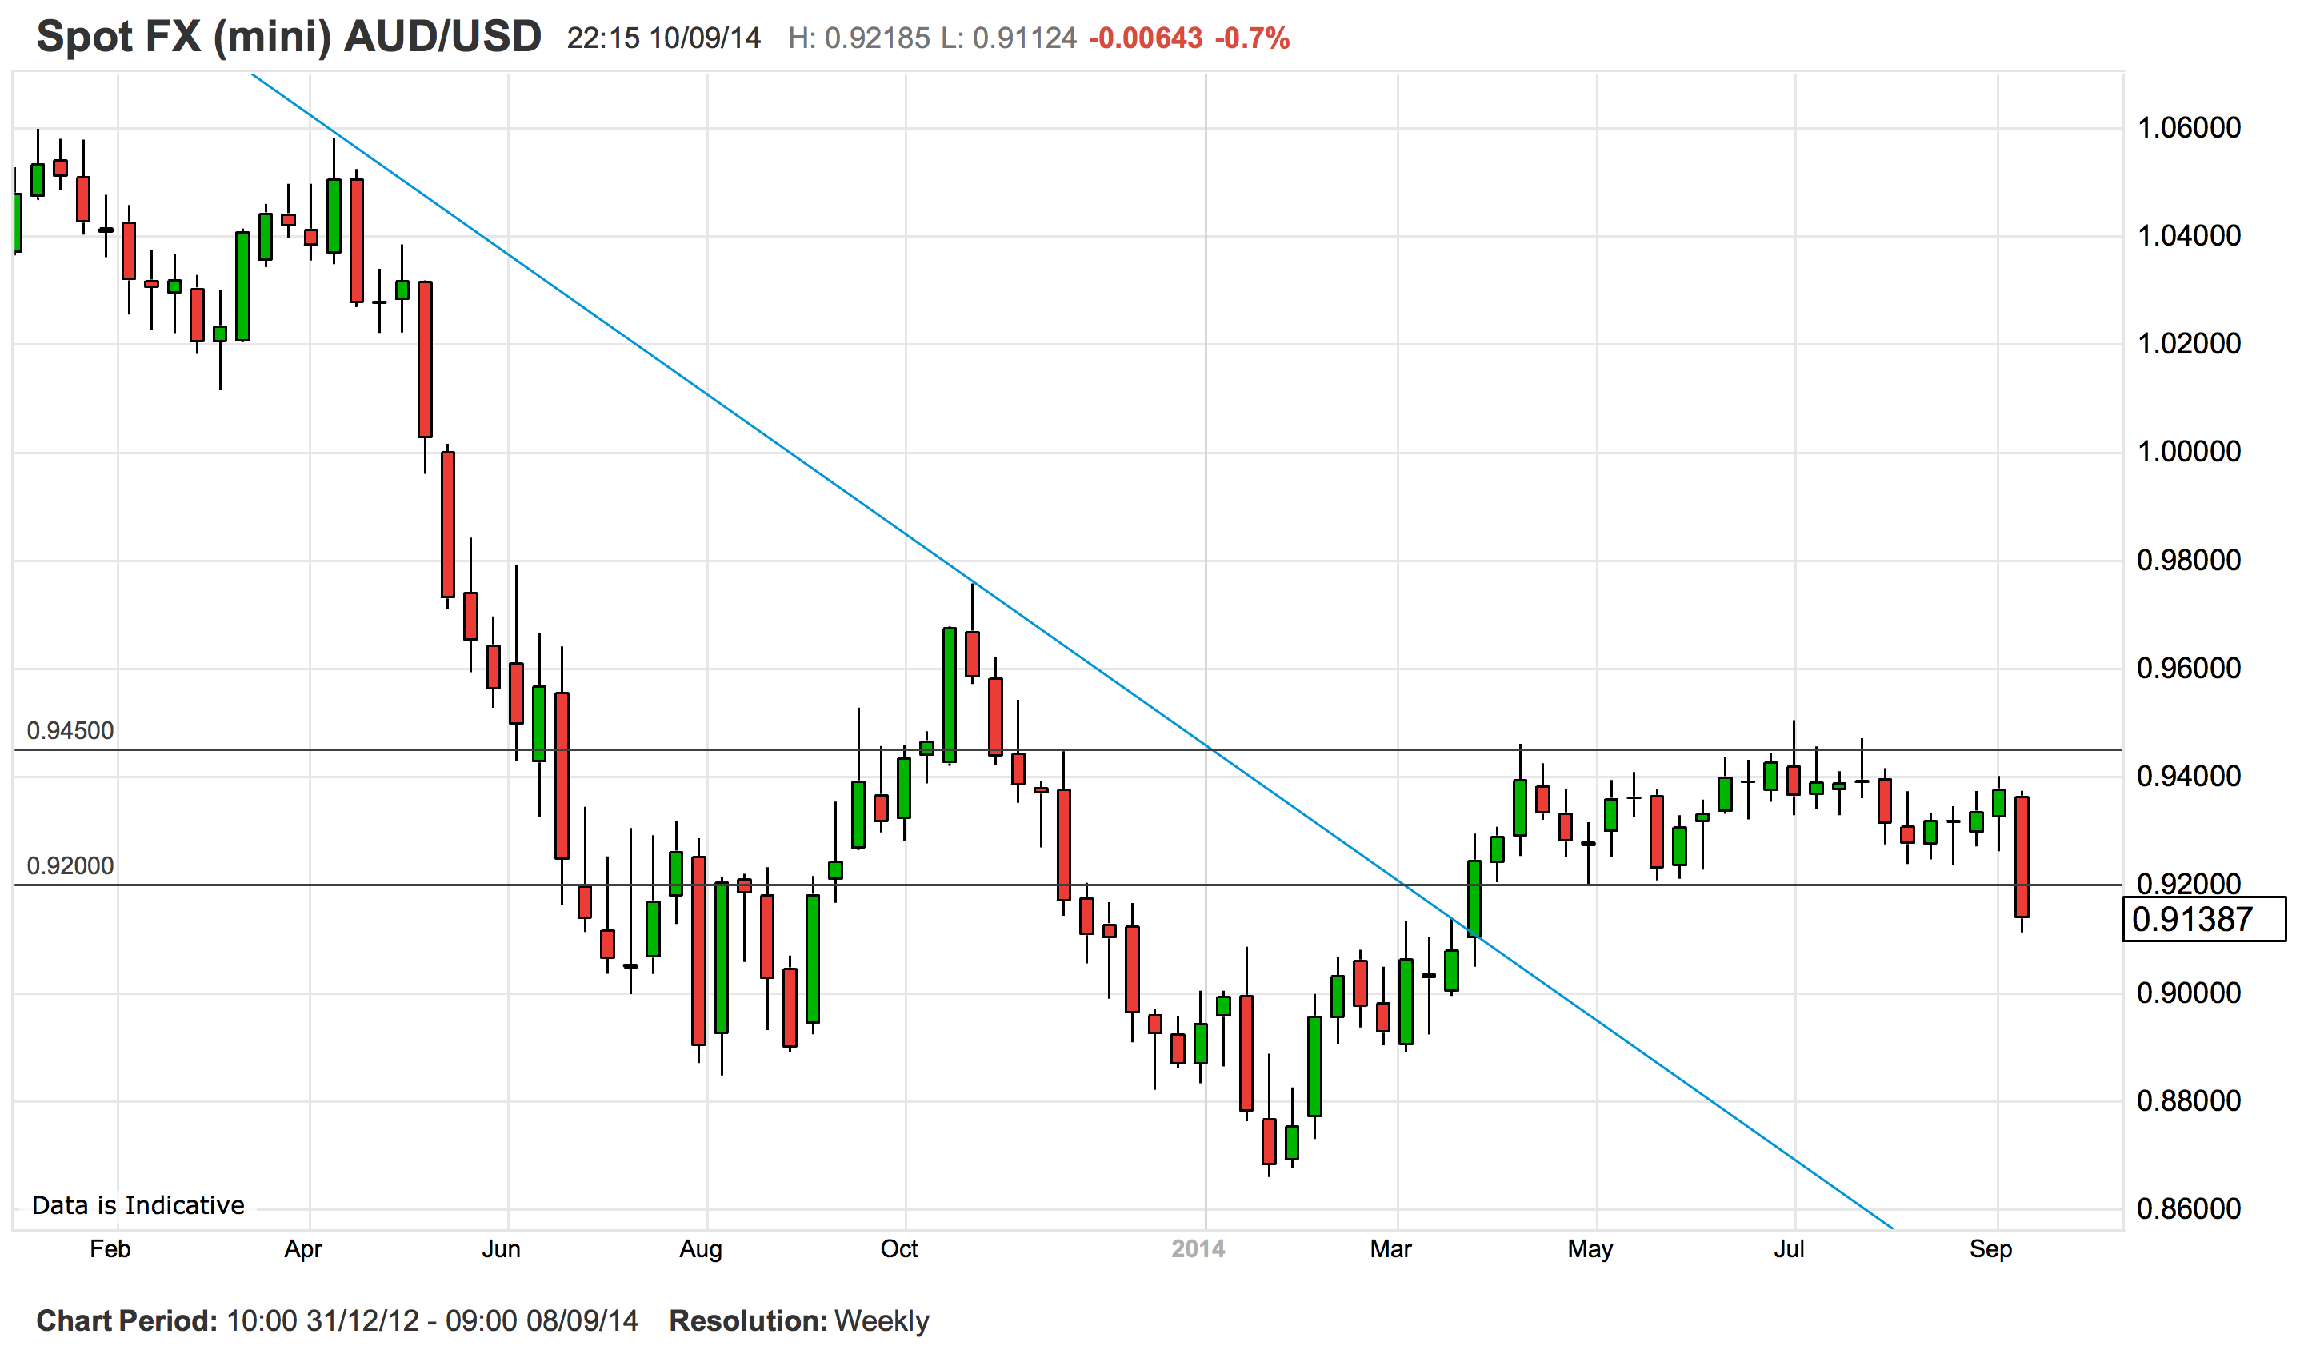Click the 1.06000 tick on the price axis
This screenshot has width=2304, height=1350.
pyautogui.click(x=2188, y=128)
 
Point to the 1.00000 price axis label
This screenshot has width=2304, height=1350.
pyautogui.click(x=2188, y=452)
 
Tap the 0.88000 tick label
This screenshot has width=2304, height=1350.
pyautogui.click(x=2188, y=1100)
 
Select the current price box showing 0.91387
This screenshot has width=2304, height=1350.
pyautogui.click(x=2202, y=920)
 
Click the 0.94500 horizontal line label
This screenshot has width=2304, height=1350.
pyautogui.click(x=70, y=731)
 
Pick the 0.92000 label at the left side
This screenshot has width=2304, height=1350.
pyautogui.click(x=70, y=865)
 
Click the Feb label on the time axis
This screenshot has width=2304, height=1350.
pyautogui.click(x=110, y=1249)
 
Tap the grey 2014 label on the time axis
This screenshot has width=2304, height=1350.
pyautogui.click(x=1198, y=1249)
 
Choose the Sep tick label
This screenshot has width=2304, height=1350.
pyautogui.click(x=1990, y=1249)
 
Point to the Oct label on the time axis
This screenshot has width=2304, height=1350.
pyautogui.click(x=898, y=1249)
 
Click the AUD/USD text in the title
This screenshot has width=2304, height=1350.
pyautogui.click(x=442, y=38)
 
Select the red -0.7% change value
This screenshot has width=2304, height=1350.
pyautogui.click(x=1252, y=38)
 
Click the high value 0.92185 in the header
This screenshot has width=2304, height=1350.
pyautogui.click(x=877, y=38)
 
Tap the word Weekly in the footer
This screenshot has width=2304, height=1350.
pyautogui.click(x=882, y=1320)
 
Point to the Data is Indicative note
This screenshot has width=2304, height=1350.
pyautogui.click(x=138, y=1205)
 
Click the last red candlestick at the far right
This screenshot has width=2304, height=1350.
pyautogui.click(x=2022, y=857)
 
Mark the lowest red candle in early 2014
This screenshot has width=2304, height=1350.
pyautogui.click(x=1269, y=1140)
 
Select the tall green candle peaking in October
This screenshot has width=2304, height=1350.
pyautogui.click(x=950, y=695)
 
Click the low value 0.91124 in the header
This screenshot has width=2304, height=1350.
pyautogui.click(x=1024, y=38)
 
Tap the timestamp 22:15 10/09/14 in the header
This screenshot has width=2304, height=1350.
pyautogui.click(x=664, y=38)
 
